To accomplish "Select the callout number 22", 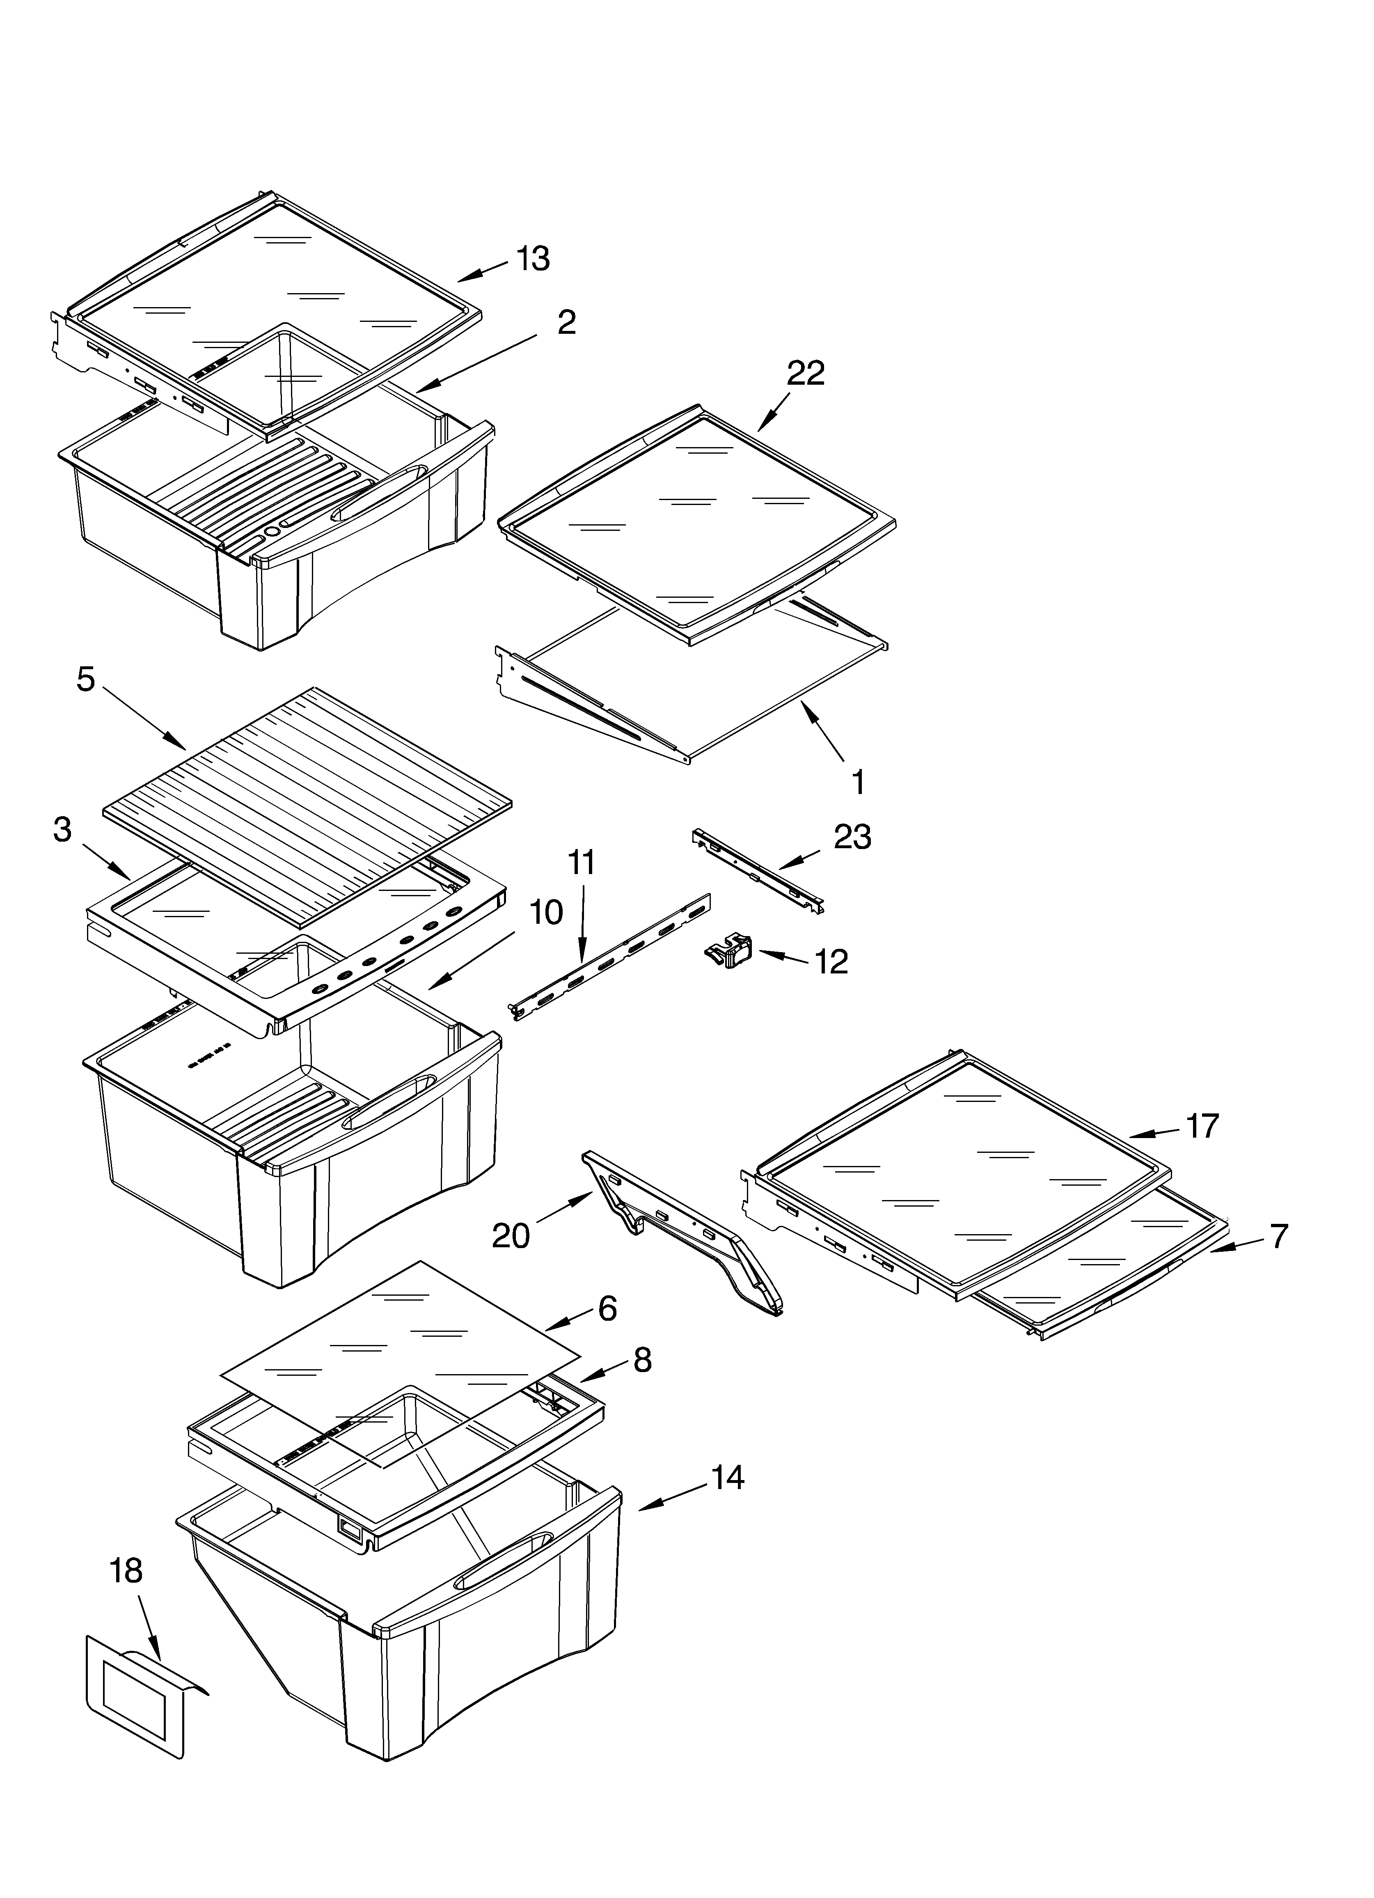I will [x=805, y=373].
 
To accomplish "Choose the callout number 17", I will [x=1202, y=1127].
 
